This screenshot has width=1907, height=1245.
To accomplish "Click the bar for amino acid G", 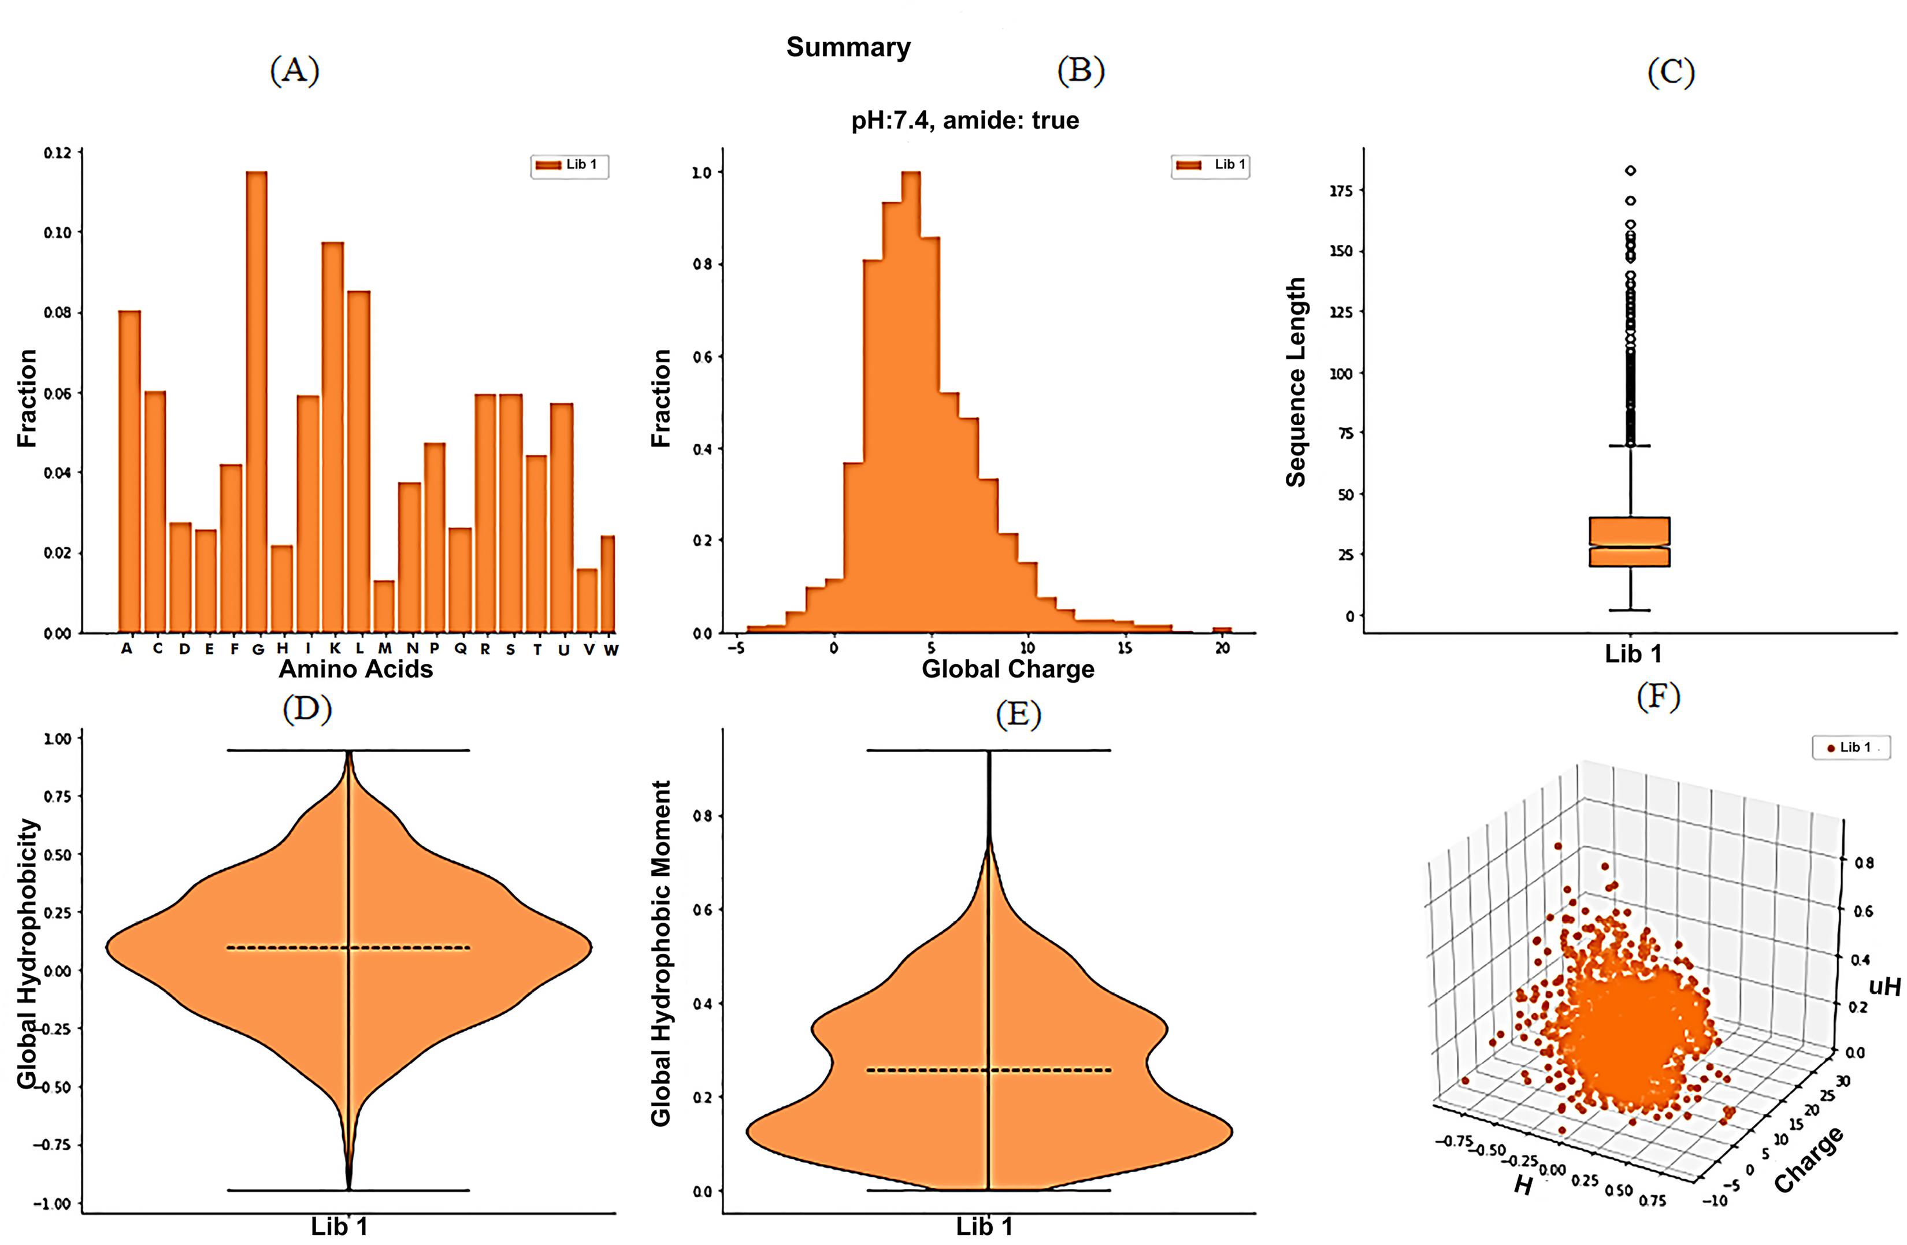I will pos(257,400).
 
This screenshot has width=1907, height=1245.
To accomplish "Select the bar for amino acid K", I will pos(332,437).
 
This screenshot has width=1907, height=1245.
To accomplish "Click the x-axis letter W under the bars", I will pos(611,650).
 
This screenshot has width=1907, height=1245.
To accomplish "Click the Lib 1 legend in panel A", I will pos(570,165).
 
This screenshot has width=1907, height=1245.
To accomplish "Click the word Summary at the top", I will pos(848,47).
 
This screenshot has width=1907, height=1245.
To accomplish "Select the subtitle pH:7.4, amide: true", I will pos(964,121).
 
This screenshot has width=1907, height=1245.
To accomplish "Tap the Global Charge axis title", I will pos(1008,669).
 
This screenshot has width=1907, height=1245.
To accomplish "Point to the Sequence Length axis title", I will pos(1296,382).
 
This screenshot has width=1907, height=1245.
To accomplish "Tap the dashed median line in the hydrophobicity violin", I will pos(348,948).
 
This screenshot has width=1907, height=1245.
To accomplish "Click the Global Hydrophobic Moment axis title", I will pos(661,953).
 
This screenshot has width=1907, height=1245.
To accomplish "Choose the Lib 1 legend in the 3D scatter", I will pos(1851,748).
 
